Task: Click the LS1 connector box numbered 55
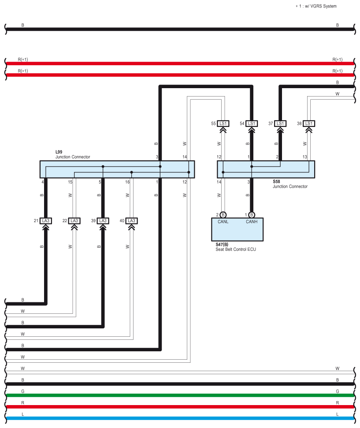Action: coord(223,123)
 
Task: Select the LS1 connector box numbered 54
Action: coord(252,123)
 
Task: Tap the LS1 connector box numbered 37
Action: coord(280,123)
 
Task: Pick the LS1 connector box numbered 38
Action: coord(309,123)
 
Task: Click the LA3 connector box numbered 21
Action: coord(45,220)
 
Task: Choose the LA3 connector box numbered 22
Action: coord(74,220)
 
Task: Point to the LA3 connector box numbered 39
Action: coord(103,220)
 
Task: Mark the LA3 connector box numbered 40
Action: coord(131,220)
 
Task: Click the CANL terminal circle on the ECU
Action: coord(223,215)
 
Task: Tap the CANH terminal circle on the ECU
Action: coord(252,215)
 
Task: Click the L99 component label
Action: coord(59,152)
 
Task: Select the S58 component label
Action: coord(276,181)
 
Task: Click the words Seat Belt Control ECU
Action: coord(233,249)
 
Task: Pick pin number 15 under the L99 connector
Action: coord(70,182)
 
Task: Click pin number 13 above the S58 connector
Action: coord(305,157)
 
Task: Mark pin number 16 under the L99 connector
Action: coord(127,182)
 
